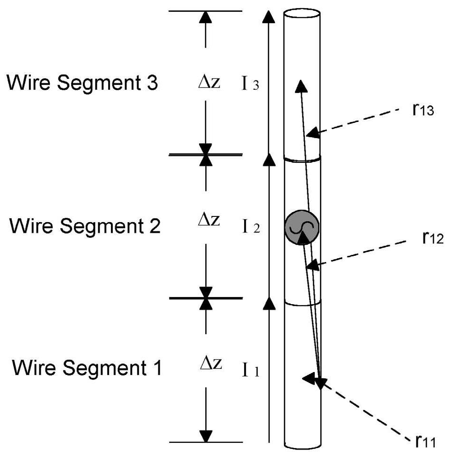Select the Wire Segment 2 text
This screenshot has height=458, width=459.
[85, 226]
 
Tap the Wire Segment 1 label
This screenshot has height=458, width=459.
[87, 368]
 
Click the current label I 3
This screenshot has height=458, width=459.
[249, 86]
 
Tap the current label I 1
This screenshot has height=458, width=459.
[249, 371]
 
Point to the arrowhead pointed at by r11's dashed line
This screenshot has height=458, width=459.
[309, 378]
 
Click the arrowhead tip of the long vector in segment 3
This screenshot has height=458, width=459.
[300, 85]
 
